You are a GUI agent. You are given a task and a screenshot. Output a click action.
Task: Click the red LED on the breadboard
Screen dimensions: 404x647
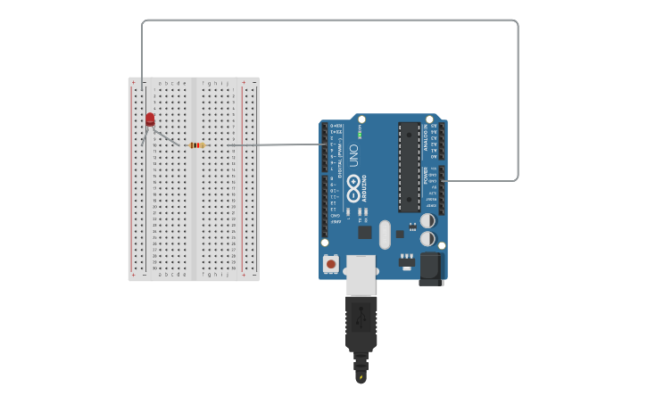150,119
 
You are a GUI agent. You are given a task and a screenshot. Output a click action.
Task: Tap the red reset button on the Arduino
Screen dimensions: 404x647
331,264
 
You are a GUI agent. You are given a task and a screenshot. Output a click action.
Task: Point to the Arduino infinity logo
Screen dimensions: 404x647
353,187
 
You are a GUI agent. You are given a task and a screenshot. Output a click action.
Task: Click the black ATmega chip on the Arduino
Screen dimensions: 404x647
409,166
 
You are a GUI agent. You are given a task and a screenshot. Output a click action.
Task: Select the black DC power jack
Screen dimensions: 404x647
431,268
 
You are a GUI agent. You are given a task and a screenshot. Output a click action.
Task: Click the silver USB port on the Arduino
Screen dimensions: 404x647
361,274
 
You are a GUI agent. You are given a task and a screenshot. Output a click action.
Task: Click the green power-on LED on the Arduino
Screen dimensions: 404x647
360,136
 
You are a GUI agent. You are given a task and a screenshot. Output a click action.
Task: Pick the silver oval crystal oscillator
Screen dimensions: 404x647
385,235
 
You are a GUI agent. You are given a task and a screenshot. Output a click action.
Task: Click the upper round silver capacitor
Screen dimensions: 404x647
428,220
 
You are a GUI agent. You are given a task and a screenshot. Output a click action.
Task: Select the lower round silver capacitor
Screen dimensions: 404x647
428,239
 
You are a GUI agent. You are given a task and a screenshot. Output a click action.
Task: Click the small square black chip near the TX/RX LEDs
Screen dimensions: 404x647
365,232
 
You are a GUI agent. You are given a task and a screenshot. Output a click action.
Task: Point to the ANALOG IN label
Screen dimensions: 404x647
427,143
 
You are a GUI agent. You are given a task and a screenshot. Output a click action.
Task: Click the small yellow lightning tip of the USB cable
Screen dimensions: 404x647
361,376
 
